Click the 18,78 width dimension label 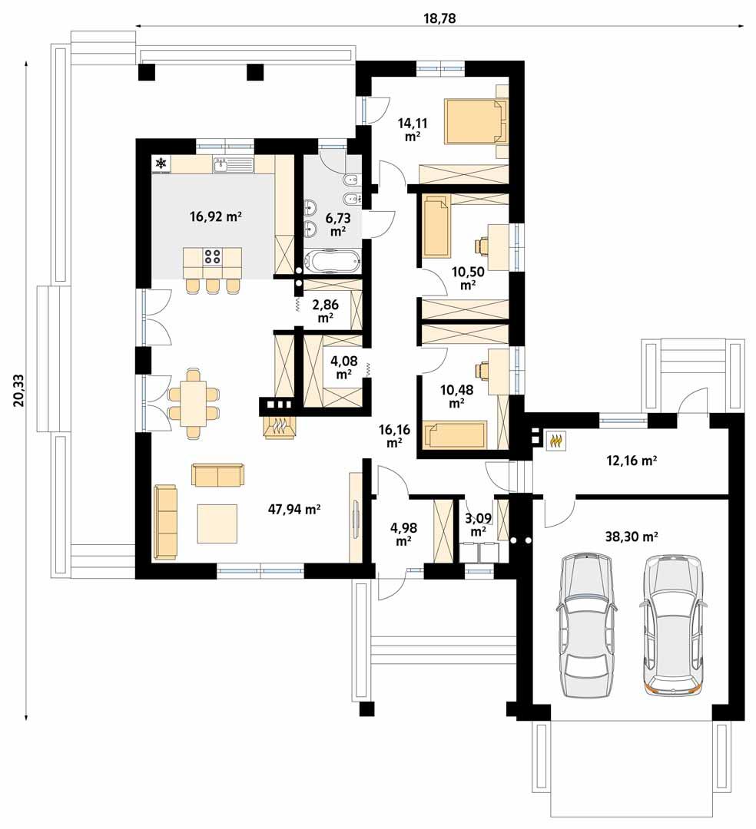(x=439, y=18)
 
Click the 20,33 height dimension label (x=18, y=389)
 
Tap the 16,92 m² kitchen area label (x=216, y=217)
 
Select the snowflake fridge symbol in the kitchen (x=161, y=163)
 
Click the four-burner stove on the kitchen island (x=213, y=256)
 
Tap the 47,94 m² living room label (x=294, y=508)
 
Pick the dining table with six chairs (x=193, y=403)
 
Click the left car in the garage (x=588, y=626)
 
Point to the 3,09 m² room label (x=478, y=523)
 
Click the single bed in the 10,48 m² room (x=458, y=434)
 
